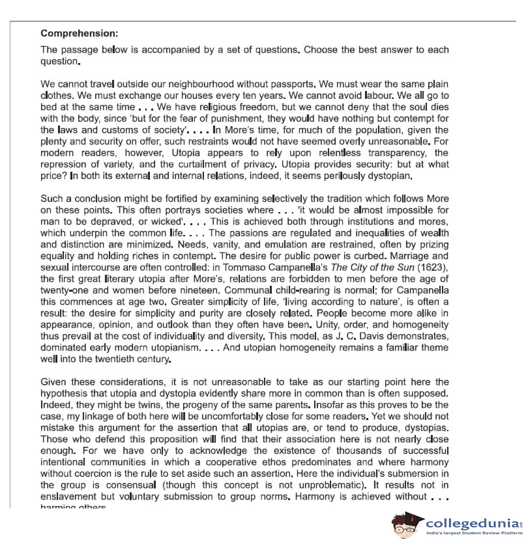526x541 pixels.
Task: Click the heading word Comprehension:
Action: tap(79, 33)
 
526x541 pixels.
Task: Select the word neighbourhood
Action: tap(201, 84)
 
